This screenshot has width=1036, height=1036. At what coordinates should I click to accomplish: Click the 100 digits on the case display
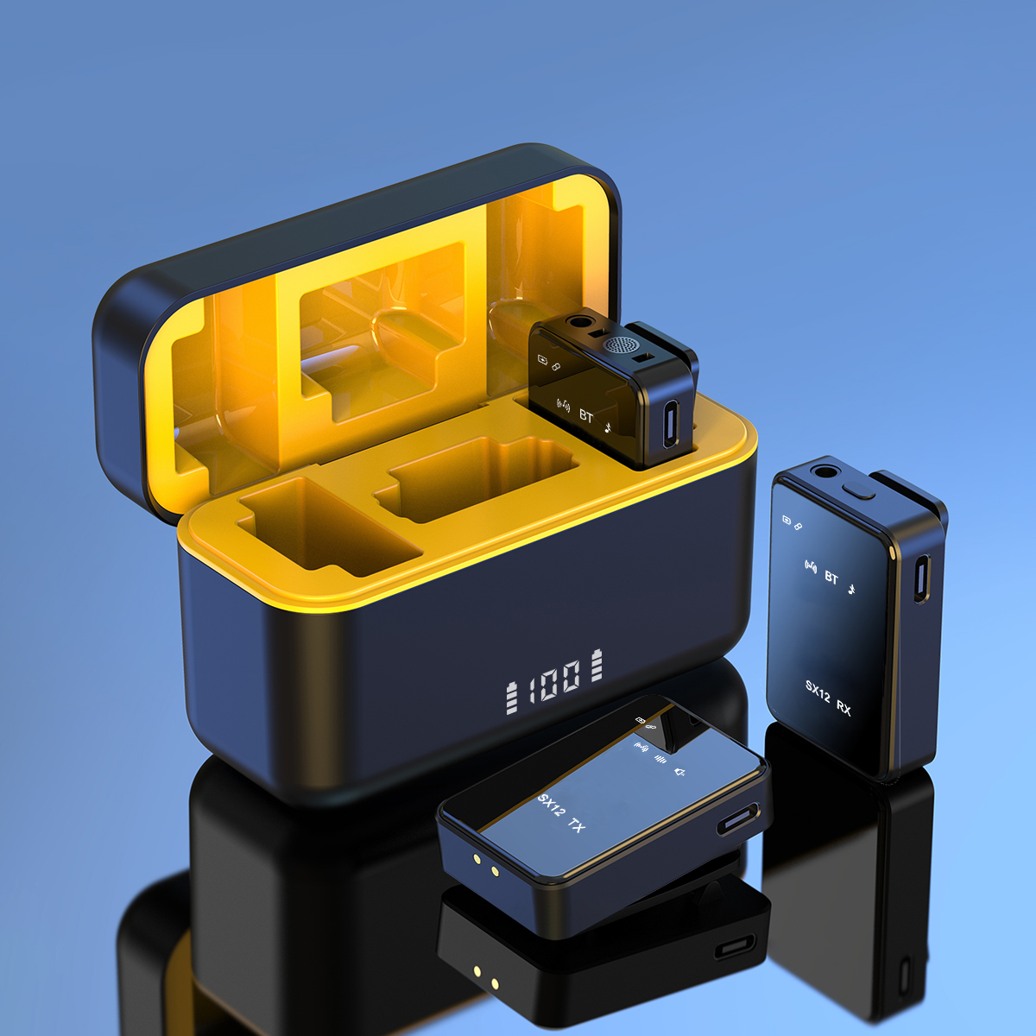coord(554,681)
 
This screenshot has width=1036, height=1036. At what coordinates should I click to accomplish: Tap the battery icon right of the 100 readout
coord(597,665)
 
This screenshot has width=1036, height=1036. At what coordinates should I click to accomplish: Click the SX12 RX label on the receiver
coord(828,698)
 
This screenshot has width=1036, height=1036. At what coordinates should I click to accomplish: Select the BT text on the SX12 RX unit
coord(831,578)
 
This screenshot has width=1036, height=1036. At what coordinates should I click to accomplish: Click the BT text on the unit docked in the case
coord(586,415)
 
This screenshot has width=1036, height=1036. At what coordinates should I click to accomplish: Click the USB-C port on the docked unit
coord(670,424)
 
